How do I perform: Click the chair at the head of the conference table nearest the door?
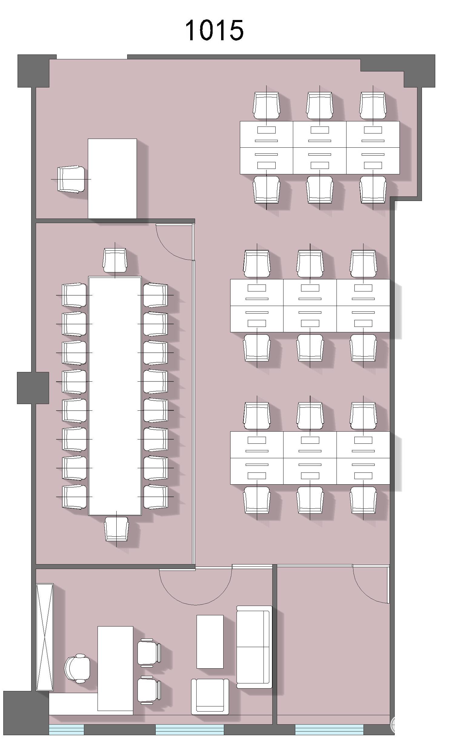(114, 260)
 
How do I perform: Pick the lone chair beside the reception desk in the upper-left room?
(71, 179)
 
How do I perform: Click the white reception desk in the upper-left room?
(112, 179)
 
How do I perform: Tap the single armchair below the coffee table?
(210, 696)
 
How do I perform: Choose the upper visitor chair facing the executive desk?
(149, 653)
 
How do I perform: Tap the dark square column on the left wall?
(33, 388)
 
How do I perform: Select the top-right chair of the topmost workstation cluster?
(373, 105)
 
